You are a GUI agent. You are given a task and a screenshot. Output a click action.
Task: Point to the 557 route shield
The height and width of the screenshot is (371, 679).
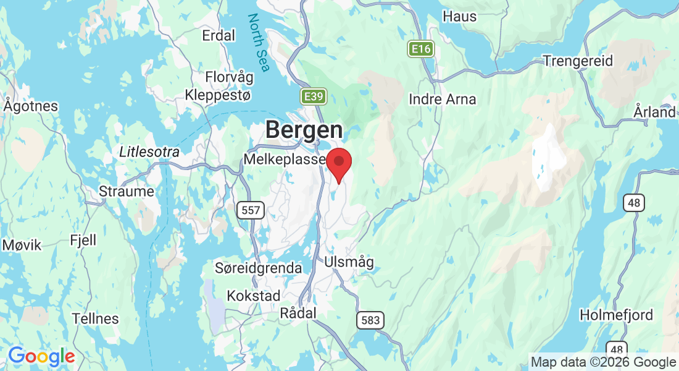[251, 210]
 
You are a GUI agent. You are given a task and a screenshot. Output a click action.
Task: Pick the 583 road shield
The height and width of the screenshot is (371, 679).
[369, 320]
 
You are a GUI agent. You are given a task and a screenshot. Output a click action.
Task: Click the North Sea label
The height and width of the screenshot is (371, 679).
[259, 43]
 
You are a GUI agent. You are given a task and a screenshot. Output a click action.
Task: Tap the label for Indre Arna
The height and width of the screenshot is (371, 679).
[443, 99]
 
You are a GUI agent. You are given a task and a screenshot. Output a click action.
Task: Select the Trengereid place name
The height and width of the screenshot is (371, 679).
[578, 61]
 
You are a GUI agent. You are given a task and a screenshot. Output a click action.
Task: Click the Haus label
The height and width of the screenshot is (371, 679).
[460, 16]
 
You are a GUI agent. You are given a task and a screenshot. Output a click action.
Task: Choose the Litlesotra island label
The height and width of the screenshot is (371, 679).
[149, 151]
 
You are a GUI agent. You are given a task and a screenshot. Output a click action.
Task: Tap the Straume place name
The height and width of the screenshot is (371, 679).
[127, 191]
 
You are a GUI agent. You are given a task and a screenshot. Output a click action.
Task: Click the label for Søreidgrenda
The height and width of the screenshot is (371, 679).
[258, 268]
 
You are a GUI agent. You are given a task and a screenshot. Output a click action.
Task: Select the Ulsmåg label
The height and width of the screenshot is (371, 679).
[349, 262]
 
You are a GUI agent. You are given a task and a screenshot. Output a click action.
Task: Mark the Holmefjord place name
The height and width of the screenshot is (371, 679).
[616, 315]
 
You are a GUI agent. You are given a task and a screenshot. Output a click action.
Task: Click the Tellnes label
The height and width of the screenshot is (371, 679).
[95, 318]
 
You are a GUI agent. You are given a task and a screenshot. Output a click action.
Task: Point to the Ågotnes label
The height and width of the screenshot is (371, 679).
[30, 106]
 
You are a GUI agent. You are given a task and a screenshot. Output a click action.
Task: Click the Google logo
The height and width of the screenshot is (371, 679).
[41, 357]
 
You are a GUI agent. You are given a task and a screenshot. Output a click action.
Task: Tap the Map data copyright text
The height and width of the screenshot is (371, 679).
[603, 362]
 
